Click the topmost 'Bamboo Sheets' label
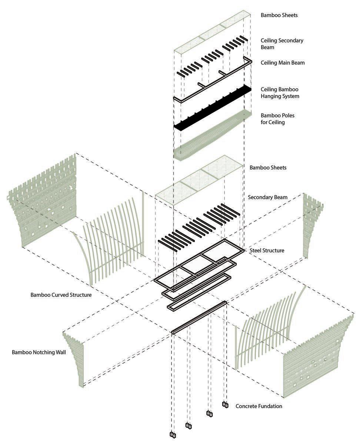279,15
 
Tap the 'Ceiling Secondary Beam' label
282,44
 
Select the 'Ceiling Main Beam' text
283,63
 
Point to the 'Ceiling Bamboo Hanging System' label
280,93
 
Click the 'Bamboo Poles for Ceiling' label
277,119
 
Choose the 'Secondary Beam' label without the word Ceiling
267,197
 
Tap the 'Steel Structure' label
267,250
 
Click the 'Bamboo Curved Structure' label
61,295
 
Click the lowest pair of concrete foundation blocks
173,435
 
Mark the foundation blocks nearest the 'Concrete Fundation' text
225,404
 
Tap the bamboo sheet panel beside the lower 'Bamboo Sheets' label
199,180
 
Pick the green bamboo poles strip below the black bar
212,135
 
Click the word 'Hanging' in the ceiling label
271,96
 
